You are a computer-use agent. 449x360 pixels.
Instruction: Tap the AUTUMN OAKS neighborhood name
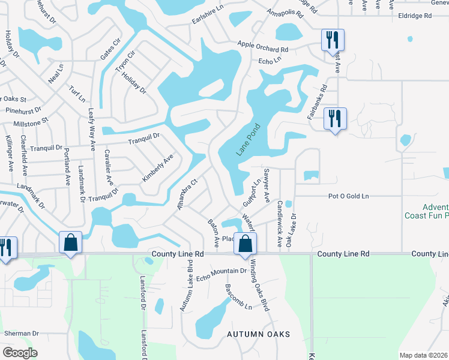pyautogui.click(x=258, y=334)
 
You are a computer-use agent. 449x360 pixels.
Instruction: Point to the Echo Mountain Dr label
pyautogui.click(x=221, y=271)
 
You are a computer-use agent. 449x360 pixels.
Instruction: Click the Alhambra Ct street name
pyautogui.click(x=187, y=194)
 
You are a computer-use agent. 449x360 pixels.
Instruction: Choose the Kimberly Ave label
pyautogui.click(x=157, y=169)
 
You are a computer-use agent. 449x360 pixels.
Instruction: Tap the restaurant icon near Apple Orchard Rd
pyautogui.click(x=333, y=41)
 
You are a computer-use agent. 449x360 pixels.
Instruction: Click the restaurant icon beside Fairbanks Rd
pyautogui.click(x=335, y=119)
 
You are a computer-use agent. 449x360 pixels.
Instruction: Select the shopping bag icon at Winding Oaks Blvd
pyautogui.click(x=245, y=244)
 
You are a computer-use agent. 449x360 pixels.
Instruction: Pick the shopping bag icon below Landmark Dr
pyautogui.click(x=71, y=244)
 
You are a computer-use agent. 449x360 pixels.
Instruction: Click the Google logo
pyautogui.click(x=20, y=353)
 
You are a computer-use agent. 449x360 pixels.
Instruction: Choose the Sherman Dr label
pyautogui.click(x=21, y=333)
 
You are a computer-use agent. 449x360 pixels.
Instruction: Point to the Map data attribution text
pyautogui.click(x=423, y=355)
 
